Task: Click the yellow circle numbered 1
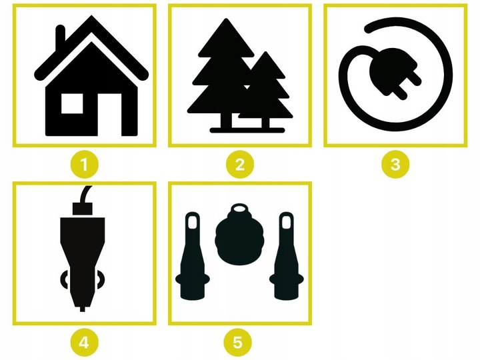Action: pos(85,165)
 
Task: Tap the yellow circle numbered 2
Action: pos(240,165)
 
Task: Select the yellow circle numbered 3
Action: pos(395,165)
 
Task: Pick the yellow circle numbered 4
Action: pos(85,343)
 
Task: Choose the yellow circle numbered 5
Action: pos(238,343)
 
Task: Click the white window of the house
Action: pos(72,103)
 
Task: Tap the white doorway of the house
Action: pos(109,115)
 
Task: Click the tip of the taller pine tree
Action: pos(226,19)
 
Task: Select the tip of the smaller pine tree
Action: pos(266,52)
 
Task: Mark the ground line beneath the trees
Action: pos(247,131)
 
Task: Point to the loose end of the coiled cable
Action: pos(368,29)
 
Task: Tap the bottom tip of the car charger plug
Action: pos(83,309)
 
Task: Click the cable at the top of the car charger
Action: pos(85,193)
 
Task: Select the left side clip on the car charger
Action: pos(64,279)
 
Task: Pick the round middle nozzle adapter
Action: pos(239,234)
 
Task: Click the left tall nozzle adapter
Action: pos(193,256)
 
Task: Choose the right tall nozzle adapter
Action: pos(287,256)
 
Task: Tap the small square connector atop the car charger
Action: pos(83,209)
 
